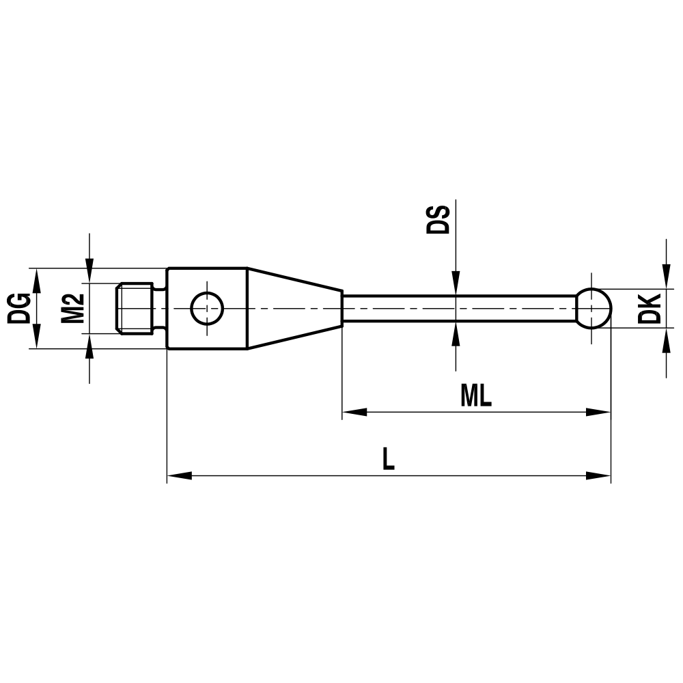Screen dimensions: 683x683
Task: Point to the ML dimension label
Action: tap(476, 395)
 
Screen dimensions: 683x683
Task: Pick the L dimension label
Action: tap(388, 459)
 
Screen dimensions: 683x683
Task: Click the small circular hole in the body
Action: tap(207, 308)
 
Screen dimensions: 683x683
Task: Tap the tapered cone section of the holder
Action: tap(294, 308)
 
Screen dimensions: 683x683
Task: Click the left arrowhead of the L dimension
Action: tap(179, 475)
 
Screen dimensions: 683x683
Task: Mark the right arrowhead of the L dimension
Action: tap(599, 475)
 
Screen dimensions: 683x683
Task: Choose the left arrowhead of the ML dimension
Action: tap(354, 412)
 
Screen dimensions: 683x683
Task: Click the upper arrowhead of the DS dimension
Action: tap(456, 284)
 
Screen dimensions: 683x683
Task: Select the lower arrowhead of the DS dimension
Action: tap(456, 333)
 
